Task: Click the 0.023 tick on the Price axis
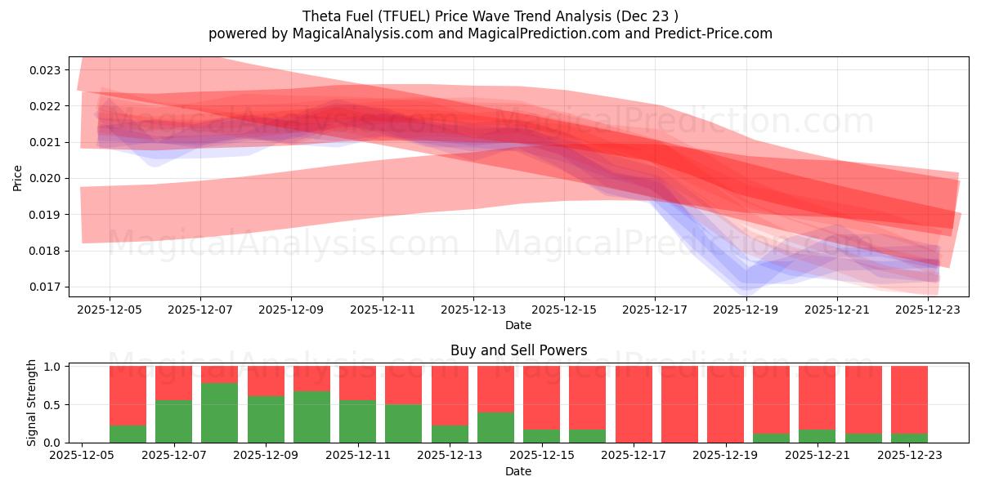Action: pyautogui.click(x=45, y=70)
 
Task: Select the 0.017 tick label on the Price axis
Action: pyautogui.click(x=45, y=287)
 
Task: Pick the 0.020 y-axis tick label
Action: pyautogui.click(x=45, y=178)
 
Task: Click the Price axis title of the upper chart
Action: pyautogui.click(x=18, y=177)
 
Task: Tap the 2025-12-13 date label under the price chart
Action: pyautogui.click(x=473, y=310)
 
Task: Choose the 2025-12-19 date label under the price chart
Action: pyautogui.click(x=746, y=310)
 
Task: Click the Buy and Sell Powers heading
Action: pyautogui.click(x=518, y=350)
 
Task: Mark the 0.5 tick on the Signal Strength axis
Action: pyautogui.click(x=52, y=405)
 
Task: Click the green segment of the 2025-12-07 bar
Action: pyautogui.click(x=173, y=421)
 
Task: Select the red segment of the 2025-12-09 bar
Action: pyautogui.click(x=266, y=381)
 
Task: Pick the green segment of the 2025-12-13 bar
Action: pyautogui.click(x=450, y=434)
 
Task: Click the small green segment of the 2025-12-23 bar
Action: pyautogui.click(x=909, y=438)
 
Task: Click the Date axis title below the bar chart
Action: pyautogui.click(x=518, y=471)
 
